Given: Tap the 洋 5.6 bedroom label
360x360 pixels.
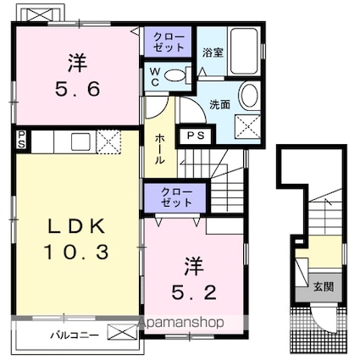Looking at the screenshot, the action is (78, 76).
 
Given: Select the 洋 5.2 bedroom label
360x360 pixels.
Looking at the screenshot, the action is (194, 279).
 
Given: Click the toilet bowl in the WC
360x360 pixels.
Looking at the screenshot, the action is (174, 75).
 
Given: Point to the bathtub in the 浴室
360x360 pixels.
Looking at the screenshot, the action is (244, 52).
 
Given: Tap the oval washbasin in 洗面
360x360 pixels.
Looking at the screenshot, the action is (249, 95).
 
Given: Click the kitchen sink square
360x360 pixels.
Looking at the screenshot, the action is (80, 141).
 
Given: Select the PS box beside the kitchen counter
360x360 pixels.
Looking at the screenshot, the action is (21, 140).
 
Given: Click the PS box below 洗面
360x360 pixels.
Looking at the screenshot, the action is (196, 136).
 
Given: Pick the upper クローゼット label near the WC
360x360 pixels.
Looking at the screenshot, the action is (169, 42).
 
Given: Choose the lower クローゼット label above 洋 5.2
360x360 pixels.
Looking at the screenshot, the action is (177, 197).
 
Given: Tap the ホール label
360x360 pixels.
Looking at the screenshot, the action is (160, 149).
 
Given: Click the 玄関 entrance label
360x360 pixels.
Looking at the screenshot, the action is (324, 287).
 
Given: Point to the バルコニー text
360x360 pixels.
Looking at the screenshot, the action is (75, 335).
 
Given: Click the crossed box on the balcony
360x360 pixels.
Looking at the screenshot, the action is (123, 332).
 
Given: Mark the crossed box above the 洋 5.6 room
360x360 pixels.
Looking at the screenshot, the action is (40, 14).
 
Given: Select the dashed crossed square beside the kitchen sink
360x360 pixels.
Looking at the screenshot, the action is (108, 141).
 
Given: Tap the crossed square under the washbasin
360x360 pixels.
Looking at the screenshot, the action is (247, 126).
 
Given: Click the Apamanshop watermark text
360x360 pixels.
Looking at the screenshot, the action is (181, 323).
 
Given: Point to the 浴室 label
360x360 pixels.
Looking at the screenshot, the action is (213, 53).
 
